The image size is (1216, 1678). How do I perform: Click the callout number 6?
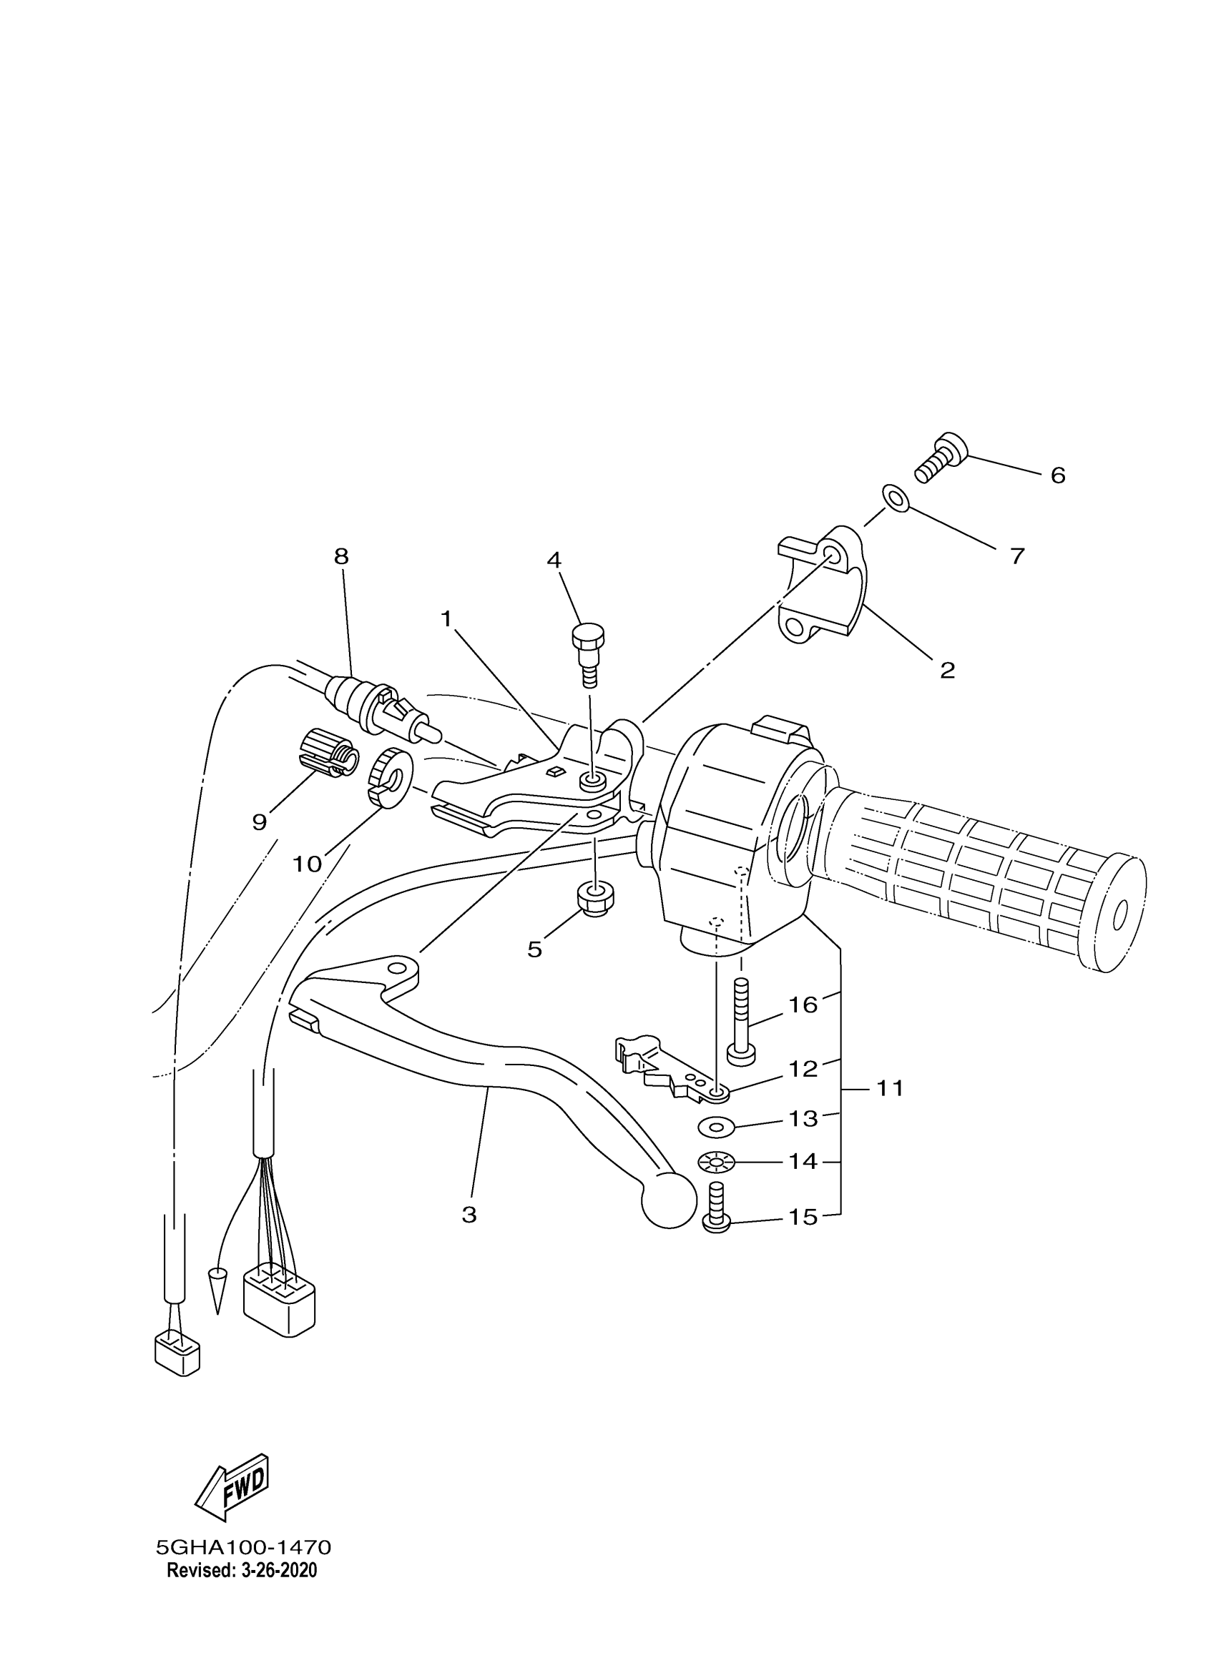1058,475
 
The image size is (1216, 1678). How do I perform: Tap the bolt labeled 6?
940,458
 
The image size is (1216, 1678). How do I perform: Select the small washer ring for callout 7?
895,498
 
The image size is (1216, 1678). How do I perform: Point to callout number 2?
946,671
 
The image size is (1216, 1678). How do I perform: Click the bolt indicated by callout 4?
589,651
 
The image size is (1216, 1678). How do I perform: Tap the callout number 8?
340,556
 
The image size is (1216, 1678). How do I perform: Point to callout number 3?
469,1214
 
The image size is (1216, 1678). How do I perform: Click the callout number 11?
891,1088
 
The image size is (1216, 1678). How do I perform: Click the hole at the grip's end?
1119,917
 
